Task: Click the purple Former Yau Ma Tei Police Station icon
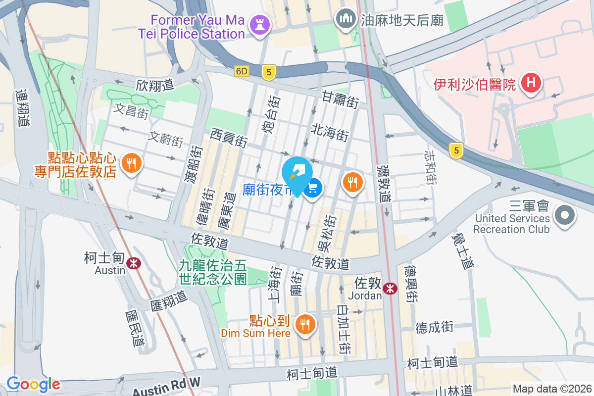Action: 259,24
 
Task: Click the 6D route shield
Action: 241,71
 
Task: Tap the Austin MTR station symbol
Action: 133,263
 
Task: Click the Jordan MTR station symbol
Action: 390,289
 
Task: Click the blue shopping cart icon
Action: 313,188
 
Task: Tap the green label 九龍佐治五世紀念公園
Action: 213,273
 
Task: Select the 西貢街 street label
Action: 229,137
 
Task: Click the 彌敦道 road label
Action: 383,183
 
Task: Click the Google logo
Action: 33,384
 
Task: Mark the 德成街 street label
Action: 434,327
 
